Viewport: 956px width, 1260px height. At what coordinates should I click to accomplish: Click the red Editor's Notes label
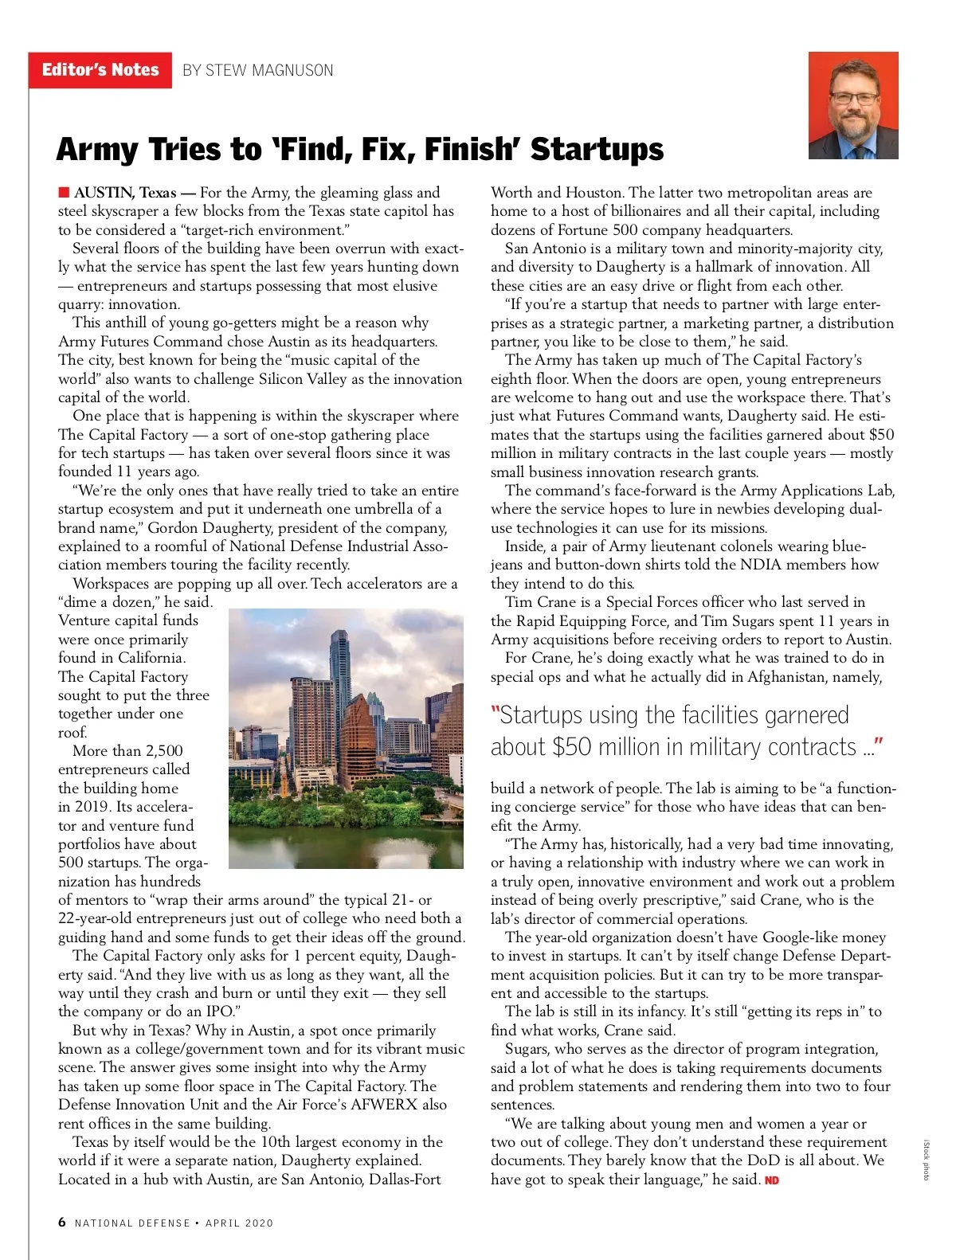point(100,70)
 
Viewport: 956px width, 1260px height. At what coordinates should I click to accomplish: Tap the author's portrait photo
point(852,105)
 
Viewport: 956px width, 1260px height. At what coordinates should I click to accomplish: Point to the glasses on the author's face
point(853,99)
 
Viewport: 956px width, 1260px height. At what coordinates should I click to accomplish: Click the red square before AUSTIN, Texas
point(64,192)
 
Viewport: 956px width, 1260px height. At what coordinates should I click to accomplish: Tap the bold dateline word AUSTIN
point(104,193)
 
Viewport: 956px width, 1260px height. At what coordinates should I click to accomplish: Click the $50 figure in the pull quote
point(572,747)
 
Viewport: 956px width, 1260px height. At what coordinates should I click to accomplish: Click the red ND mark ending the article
point(771,1180)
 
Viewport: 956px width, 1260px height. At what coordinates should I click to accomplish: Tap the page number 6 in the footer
point(62,1223)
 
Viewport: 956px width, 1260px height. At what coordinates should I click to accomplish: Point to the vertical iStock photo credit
point(926,1160)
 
